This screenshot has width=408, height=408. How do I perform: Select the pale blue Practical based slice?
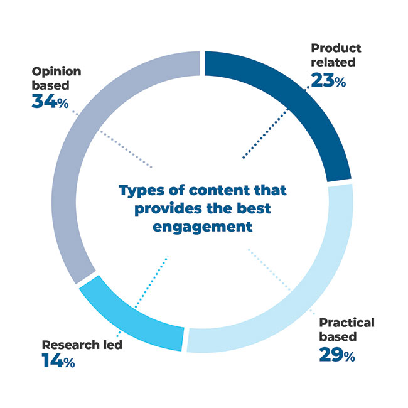coord(301,289)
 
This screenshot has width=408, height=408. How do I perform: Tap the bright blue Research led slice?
coord(129,311)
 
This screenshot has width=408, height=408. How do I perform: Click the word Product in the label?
coord(335,48)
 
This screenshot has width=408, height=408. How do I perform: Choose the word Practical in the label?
coord(346,323)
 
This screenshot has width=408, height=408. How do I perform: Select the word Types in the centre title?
coord(141,189)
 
